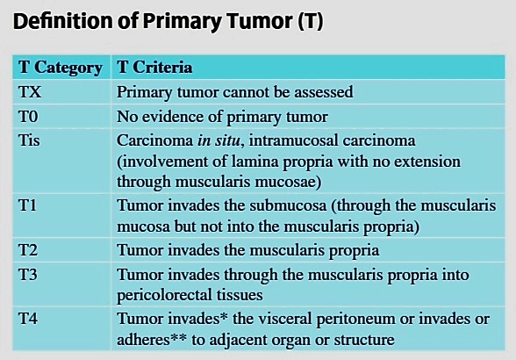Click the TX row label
[x=30, y=91]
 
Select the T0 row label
[x=28, y=116]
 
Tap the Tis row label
[x=29, y=140]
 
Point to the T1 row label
[x=27, y=205]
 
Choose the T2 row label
[x=28, y=249]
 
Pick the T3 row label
[x=28, y=274]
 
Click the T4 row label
[x=28, y=319]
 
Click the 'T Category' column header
[x=61, y=68]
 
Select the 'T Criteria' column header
[x=154, y=67]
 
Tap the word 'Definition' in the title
[x=63, y=21]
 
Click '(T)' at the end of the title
[x=311, y=21]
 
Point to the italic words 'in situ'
[x=219, y=140]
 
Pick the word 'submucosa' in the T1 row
[x=288, y=205]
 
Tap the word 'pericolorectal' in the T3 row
[x=165, y=295]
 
